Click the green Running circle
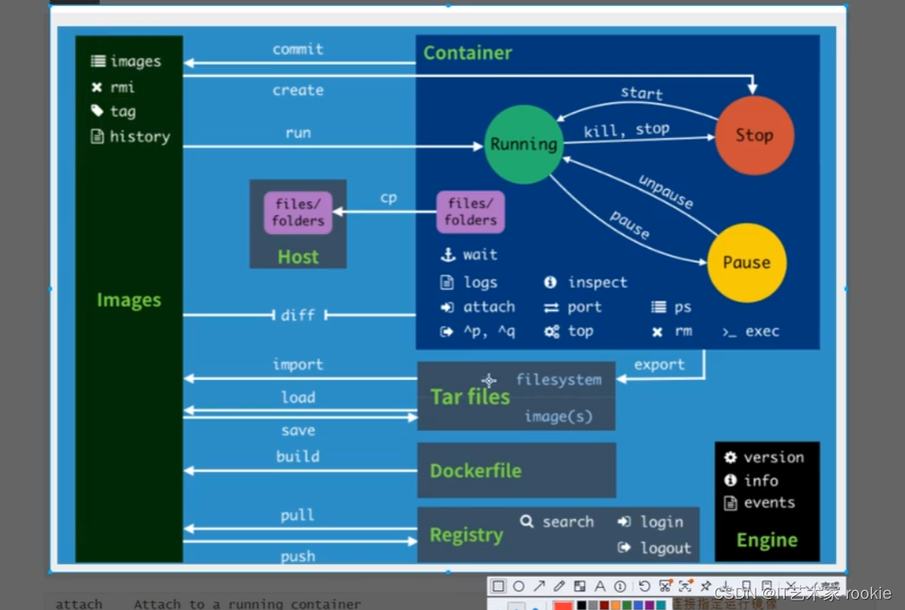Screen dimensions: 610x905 pyautogui.click(x=524, y=144)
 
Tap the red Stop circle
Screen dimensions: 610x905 pyautogui.click(x=754, y=136)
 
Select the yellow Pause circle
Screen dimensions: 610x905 pyautogui.click(x=747, y=263)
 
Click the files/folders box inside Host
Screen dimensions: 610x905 pyautogui.click(x=298, y=213)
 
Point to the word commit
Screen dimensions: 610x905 pyautogui.click(x=298, y=49)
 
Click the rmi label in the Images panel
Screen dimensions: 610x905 pyautogui.click(x=122, y=86)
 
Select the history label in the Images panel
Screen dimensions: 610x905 pyautogui.click(x=139, y=137)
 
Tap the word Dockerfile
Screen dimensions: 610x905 pyautogui.click(x=475, y=471)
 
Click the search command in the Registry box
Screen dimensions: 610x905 pyautogui.click(x=568, y=522)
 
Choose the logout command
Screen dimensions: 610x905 pyautogui.click(x=666, y=548)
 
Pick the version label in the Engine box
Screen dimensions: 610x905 pyautogui.click(x=774, y=457)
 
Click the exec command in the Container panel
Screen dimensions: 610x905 pyautogui.click(x=762, y=331)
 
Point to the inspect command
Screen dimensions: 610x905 pyautogui.click(x=597, y=283)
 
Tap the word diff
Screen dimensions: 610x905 pyautogui.click(x=298, y=315)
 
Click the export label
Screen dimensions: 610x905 pyautogui.click(x=659, y=365)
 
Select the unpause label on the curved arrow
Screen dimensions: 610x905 pyautogui.click(x=666, y=192)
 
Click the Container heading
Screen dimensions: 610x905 pyautogui.click(x=468, y=53)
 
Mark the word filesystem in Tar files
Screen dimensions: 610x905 pyautogui.click(x=558, y=379)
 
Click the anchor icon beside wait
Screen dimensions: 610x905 pyautogui.click(x=448, y=255)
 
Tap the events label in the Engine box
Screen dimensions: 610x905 pyautogui.click(x=769, y=503)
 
